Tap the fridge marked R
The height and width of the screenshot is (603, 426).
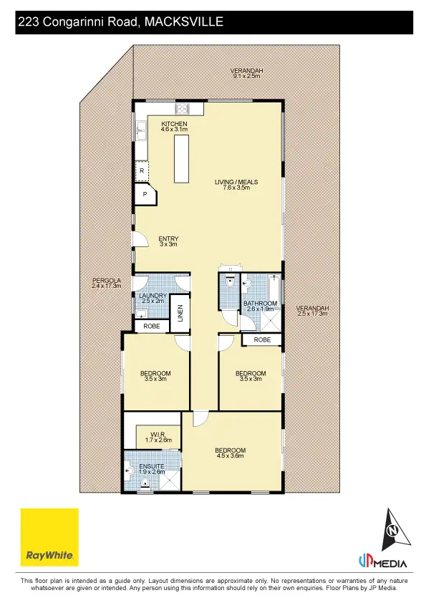pyautogui.click(x=142, y=171)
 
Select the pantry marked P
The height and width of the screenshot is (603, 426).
pyautogui.click(x=144, y=193)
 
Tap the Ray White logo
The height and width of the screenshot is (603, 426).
pyautogui.click(x=49, y=537)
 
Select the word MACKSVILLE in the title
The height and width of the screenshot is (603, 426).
pyautogui.click(x=184, y=22)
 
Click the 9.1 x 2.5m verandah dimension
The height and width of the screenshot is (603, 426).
pyautogui.click(x=247, y=76)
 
